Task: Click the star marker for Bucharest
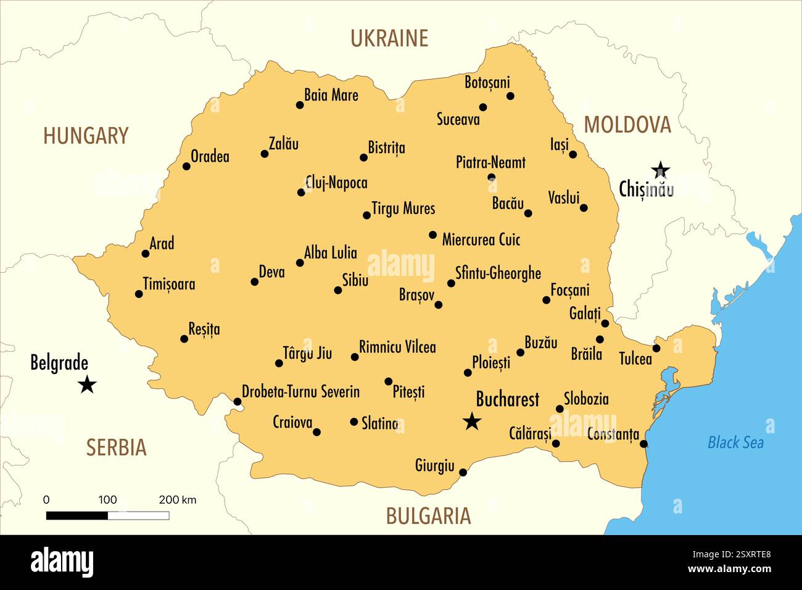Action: click(x=472, y=422)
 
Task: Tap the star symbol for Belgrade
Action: click(x=88, y=385)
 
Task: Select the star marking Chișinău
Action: click(x=661, y=168)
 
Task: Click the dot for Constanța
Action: click(x=644, y=444)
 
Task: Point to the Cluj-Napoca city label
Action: click(x=336, y=183)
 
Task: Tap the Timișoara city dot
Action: click(x=139, y=294)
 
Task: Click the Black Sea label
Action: click(x=735, y=442)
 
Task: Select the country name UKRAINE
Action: click(x=389, y=38)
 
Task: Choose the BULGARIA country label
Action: click(x=428, y=516)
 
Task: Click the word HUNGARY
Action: click(x=86, y=136)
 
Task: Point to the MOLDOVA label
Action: click(x=627, y=125)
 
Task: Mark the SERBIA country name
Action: click(x=116, y=447)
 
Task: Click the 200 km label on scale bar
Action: click(x=177, y=500)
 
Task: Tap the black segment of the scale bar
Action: click(x=77, y=515)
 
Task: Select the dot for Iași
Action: click(x=573, y=154)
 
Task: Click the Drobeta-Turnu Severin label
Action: click(x=300, y=391)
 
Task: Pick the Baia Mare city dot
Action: click(x=300, y=105)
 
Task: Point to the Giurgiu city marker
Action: click(x=463, y=473)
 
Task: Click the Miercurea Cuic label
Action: click(x=481, y=239)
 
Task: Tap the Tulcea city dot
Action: click(x=656, y=348)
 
